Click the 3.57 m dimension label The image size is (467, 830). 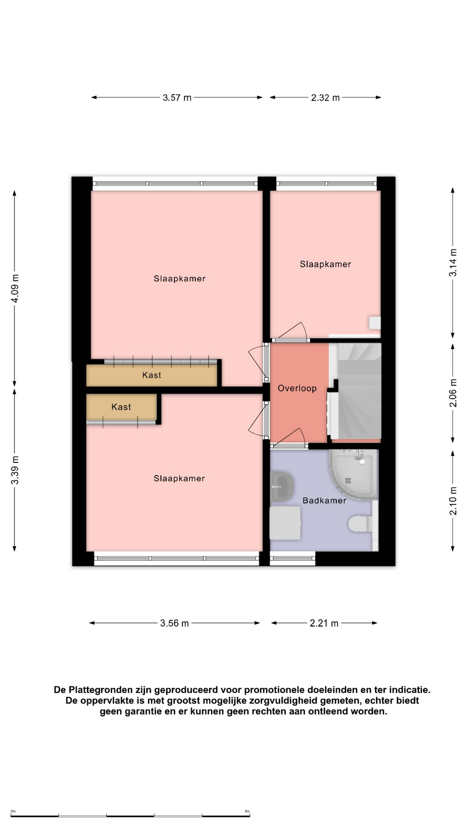point(177,98)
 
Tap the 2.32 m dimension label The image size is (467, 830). point(325,98)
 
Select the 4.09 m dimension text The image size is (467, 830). point(15,289)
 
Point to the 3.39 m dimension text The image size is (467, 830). point(15,470)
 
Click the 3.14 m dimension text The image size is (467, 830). point(453,262)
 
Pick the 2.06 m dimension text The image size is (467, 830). point(453,393)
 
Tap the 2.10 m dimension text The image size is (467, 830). point(453,501)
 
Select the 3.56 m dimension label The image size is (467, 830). point(174,623)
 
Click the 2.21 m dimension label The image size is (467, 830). point(324,623)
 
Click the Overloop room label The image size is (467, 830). point(297,388)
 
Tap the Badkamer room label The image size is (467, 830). point(324,501)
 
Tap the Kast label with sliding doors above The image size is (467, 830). point(152,375)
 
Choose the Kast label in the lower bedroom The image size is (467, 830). point(121,407)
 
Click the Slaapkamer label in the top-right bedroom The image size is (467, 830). point(326,264)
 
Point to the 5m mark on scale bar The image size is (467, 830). point(247,811)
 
